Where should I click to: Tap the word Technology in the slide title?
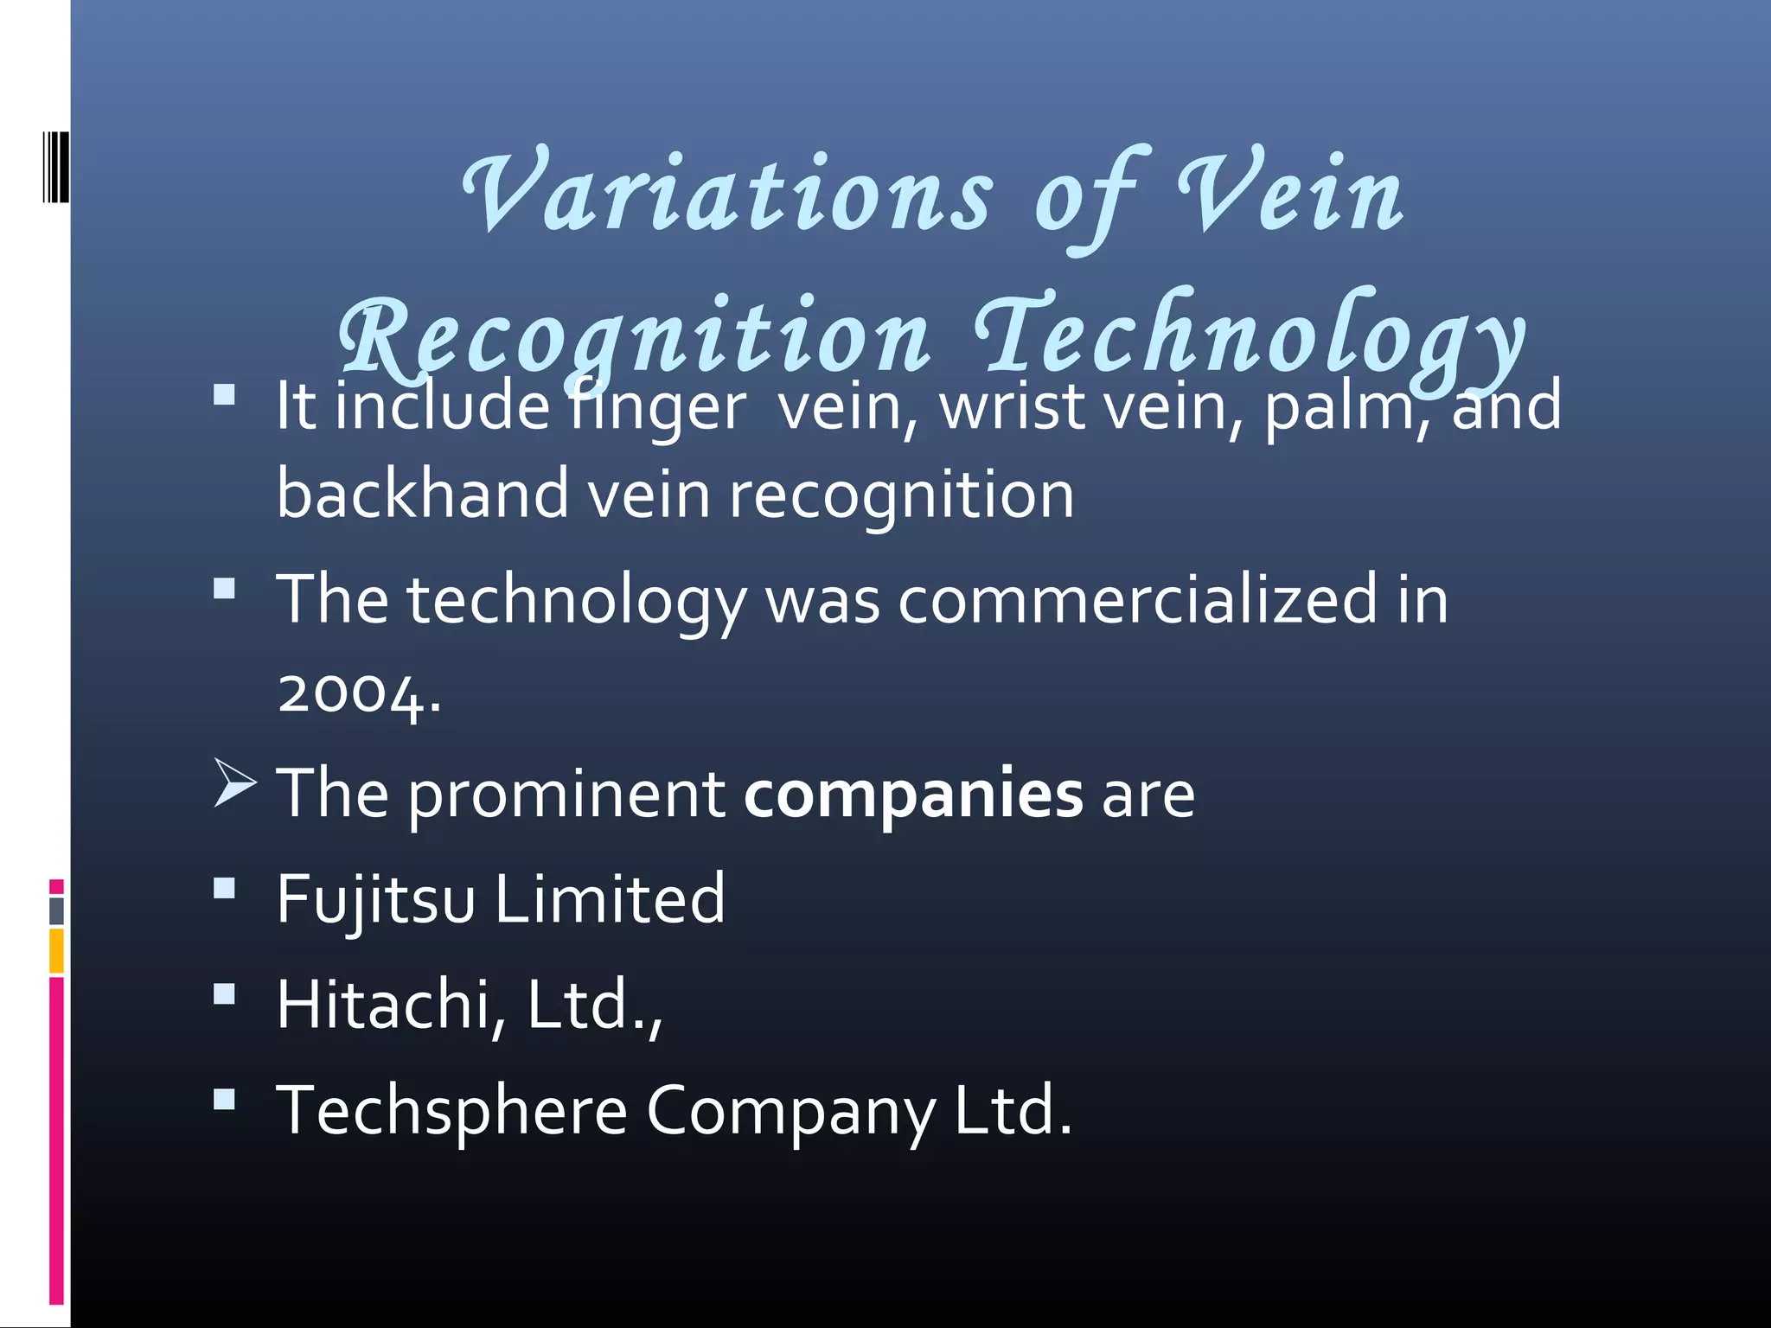pos(1249,337)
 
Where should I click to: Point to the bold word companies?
pos(913,794)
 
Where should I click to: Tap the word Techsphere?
pos(451,1111)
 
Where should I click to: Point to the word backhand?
pos(422,495)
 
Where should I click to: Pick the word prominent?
pos(566,794)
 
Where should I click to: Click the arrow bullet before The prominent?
pos(234,783)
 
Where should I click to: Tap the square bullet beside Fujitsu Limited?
pos(224,889)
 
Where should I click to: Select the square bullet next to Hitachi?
pos(224,994)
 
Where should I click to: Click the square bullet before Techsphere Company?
pos(224,1100)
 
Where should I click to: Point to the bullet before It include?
pos(224,395)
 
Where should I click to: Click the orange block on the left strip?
pos(56,951)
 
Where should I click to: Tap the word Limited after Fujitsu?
pos(610,900)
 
